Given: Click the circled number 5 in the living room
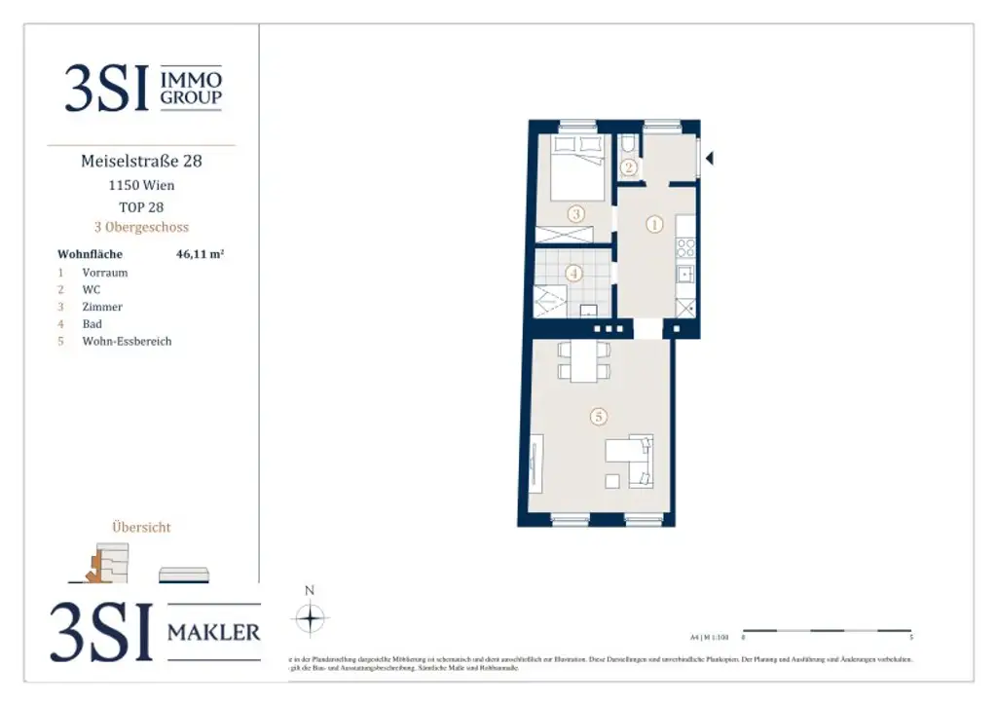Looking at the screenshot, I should [x=599, y=417].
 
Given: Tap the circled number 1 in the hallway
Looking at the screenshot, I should [x=655, y=225].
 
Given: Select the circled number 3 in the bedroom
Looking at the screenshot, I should [x=576, y=213].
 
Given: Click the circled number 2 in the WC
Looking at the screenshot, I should [x=630, y=167].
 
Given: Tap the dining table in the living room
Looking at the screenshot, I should [x=583, y=362].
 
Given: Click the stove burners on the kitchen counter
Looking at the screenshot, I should [x=685, y=247].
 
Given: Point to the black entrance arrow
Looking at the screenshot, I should [x=710, y=158].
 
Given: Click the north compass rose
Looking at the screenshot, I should [x=310, y=617].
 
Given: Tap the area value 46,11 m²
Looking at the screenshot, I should [x=201, y=254].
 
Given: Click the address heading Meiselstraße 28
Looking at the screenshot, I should [x=141, y=161].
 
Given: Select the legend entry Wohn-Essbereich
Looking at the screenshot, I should [x=127, y=342].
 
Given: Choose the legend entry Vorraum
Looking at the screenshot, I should [x=104, y=273].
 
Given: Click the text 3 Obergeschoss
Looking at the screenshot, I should [x=141, y=228].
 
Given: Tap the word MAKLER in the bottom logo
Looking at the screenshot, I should [x=214, y=633].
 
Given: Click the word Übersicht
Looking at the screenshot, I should [x=141, y=527].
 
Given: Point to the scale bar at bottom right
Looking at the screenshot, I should [x=827, y=631].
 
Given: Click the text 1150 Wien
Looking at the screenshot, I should [x=141, y=185].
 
